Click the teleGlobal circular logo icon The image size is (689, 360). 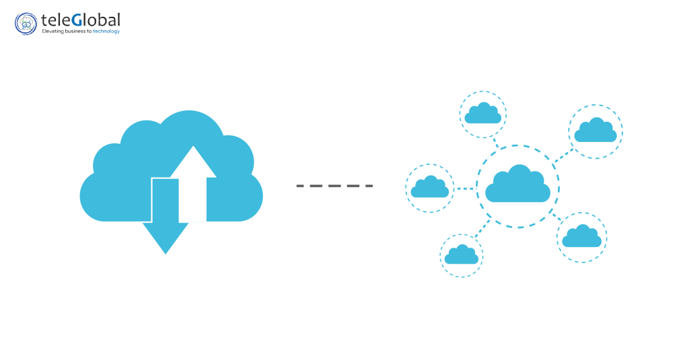click(x=26, y=24)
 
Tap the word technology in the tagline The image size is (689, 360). click(x=106, y=32)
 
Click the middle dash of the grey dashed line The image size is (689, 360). click(x=334, y=185)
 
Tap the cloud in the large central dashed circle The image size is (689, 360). click(x=517, y=184)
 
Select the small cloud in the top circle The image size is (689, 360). click(x=483, y=114)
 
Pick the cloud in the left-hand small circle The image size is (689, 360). click(x=429, y=188)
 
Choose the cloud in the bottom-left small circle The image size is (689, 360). click(x=462, y=254)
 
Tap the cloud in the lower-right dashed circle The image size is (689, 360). click(x=581, y=237)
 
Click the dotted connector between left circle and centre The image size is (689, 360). click(x=465, y=188)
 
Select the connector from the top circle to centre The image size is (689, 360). click(x=497, y=143)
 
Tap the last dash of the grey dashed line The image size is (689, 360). click(x=367, y=185)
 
